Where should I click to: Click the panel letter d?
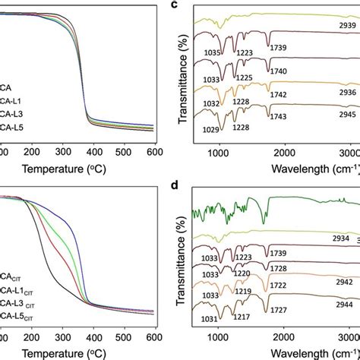tap(195, 185)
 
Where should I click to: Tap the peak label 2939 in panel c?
tap(336, 25)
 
